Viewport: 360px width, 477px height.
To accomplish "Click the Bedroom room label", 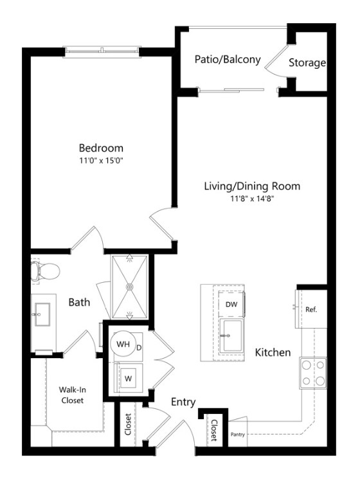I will pyautogui.click(x=101, y=147).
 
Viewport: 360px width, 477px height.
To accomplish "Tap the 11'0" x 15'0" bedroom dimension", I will pyautogui.click(x=101, y=160).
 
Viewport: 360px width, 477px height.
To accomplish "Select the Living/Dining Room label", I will pyautogui.click(x=252, y=186).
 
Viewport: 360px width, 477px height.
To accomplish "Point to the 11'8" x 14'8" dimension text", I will pyautogui.click(x=252, y=199).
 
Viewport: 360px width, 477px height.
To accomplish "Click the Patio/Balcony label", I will pyautogui.click(x=228, y=60).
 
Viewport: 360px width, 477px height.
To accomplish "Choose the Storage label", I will pyautogui.click(x=307, y=63).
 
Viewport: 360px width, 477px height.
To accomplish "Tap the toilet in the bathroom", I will pyautogui.click(x=45, y=271).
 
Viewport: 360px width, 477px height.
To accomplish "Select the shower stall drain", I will pyautogui.click(x=130, y=287).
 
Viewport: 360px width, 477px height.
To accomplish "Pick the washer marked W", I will pyautogui.click(x=127, y=378).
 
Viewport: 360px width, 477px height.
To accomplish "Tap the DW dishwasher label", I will pyautogui.click(x=231, y=304).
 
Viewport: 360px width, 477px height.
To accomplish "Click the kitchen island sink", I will pyautogui.click(x=231, y=335).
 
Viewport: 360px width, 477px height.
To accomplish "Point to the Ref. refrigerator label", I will pyautogui.click(x=312, y=309).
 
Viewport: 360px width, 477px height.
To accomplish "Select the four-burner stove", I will pyautogui.click(x=312, y=372).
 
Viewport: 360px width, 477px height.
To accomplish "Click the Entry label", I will pyautogui.click(x=183, y=402).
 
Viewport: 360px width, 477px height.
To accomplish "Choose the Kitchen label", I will pyautogui.click(x=273, y=353).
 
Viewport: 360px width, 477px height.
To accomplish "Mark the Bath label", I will pyautogui.click(x=80, y=302).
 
